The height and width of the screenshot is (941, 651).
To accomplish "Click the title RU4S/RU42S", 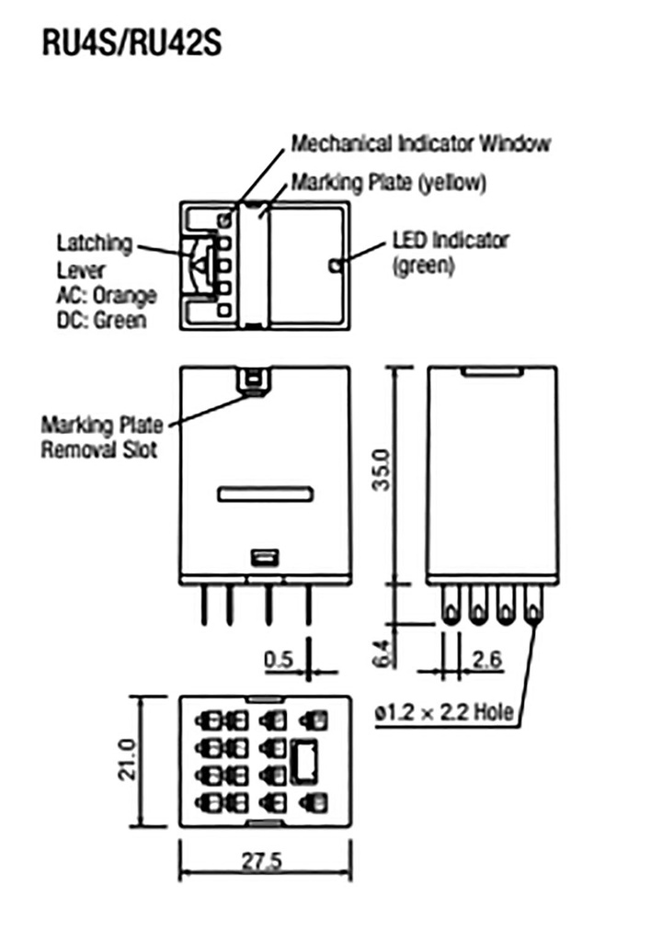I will pos(131,43).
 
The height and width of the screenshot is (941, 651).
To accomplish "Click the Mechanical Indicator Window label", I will pos(421,144).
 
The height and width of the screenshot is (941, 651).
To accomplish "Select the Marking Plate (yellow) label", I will pos(387,182).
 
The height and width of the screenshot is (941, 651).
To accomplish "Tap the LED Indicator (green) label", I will pos(450,253).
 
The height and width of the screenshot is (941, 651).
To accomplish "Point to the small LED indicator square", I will pos(336,266).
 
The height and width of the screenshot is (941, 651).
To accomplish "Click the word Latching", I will pos(95,244).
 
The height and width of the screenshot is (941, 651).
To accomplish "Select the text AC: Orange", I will pos(107,296).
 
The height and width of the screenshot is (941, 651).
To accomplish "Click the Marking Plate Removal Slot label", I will pos(102,437).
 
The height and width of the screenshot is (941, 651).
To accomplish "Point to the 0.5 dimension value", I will pos(277,659).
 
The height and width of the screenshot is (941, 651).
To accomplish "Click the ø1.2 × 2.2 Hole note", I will pos(444,713).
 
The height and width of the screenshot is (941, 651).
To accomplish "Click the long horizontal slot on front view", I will pos(267,494).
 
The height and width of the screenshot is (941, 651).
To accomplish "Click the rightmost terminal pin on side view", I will pos(534,607).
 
